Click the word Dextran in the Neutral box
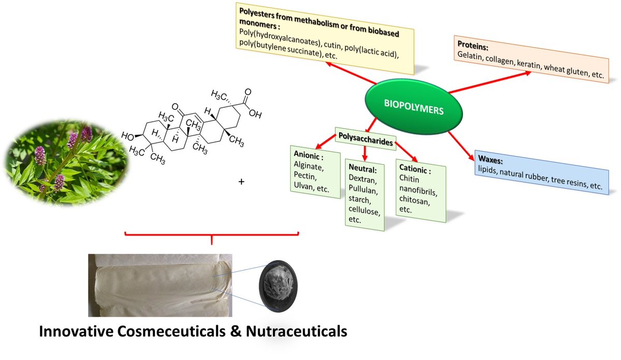(364, 179)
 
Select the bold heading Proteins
(472, 45)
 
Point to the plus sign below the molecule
(240, 182)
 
